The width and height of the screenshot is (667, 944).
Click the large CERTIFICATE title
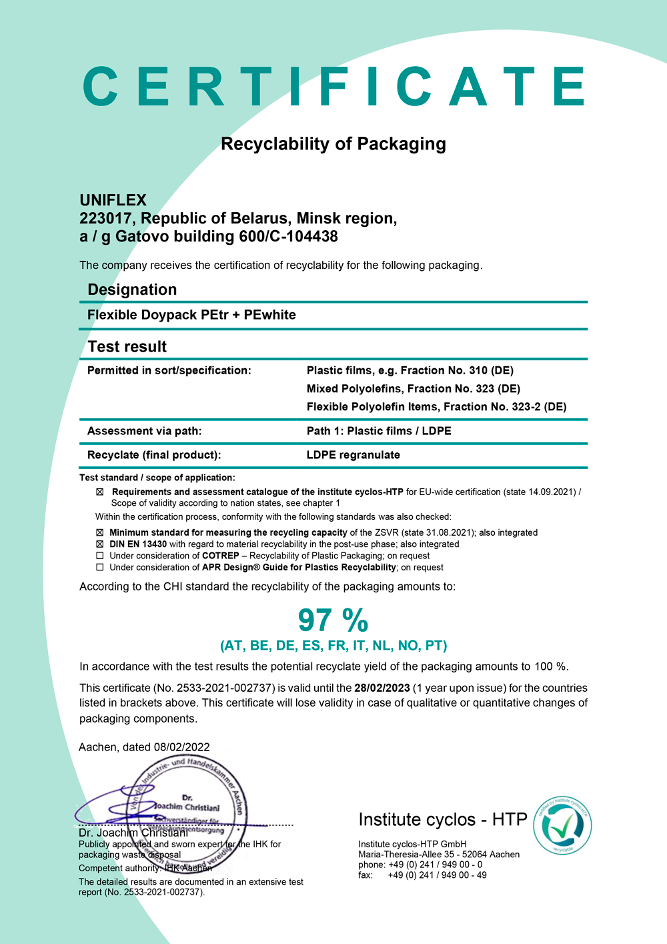pyautogui.click(x=333, y=87)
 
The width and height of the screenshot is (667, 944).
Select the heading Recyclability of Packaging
pyautogui.click(x=333, y=144)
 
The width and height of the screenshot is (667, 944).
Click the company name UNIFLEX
pyautogui.click(x=113, y=200)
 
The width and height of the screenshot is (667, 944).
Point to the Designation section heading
pyautogui.click(x=132, y=290)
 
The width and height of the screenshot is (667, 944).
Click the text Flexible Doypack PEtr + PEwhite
pyautogui.click(x=191, y=315)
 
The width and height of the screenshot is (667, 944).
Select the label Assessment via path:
pyautogui.click(x=144, y=431)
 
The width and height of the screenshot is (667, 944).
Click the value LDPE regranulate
pyautogui.click(x=353, y=455)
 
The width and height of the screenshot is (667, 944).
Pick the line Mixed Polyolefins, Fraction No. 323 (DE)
pyautogui.click(x=413, y=389)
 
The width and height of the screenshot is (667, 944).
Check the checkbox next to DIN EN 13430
pyautogui.click(x=100, y=544)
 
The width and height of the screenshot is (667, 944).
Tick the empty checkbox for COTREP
pyautogui.click(x=100, y=556)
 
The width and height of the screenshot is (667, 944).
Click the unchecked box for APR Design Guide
pyautogui.click(x=100, y=567)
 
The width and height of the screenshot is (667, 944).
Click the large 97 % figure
pyautogui.click(x=333, y=620)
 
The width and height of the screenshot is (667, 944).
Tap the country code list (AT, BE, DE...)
pyautogui.click(x=333, y=646)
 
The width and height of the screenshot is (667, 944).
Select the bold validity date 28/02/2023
pyautogui.click(x=382, y=688)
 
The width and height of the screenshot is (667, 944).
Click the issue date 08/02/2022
pyautogui.click(x=181, y=747)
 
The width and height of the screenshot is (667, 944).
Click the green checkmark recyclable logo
pyautogui.click(x=562, y=825)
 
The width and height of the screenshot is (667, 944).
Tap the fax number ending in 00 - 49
pyautogui.click(x=437, y=875)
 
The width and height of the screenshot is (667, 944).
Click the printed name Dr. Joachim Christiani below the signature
pyautogui.click(x=133, y=833)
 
